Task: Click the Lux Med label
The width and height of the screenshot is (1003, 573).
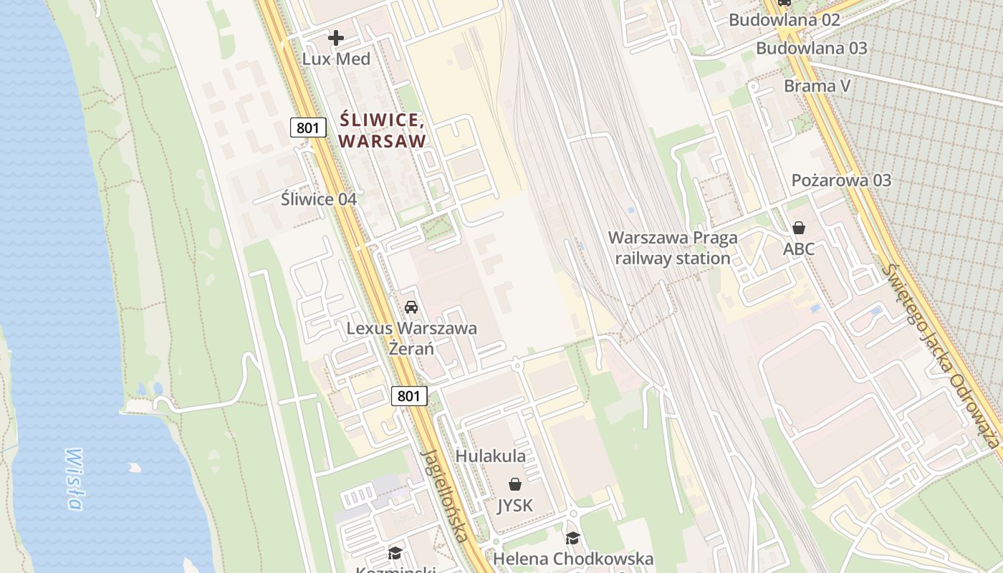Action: pyautogui.click(x=336, y=59)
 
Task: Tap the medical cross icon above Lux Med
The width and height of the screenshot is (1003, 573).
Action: pyautogui.click(x=336, y=37)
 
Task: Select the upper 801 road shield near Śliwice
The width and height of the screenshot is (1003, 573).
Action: pyautogui.click(x=308, y=128)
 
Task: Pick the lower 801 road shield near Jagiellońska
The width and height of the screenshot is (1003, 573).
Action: pyautogui.click(x=409, y=395)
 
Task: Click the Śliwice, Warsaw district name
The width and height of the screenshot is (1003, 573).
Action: pyautogui.click(x=382, y=130)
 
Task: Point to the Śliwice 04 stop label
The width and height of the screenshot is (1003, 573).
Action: pyautogui.click(x=318, y=199)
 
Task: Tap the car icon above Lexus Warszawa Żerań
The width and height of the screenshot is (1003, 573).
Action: pyautogui.click(x=411, y=307)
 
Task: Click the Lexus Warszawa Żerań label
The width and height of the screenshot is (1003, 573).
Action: pyautogui.click(x=411, y=339)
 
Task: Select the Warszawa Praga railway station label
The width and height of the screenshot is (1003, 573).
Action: pyautogui.click(x=673, y=248)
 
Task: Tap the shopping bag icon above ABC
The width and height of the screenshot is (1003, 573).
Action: pyautogui.click(x=798, y=228)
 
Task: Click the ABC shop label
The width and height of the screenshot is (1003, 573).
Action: pyautogui.click(x=798, y=249)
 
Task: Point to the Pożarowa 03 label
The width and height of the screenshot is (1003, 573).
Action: pyautogui.click(x=841, y=180)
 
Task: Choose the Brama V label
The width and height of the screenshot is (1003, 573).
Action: pyautogui.click(x=817, y=86)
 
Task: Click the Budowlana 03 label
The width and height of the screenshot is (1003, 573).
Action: pyautogui.click(x=811, y=48)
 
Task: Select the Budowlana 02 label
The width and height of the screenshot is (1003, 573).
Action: pyautogui.click(x=784, y=19)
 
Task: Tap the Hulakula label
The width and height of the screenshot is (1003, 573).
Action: pyautogui.click(x=491, y=456)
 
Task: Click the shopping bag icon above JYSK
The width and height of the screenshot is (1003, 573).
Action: pyautogui.click(x=514, y=484)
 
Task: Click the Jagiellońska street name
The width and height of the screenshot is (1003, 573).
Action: pyautogui.click(x=446, y=495)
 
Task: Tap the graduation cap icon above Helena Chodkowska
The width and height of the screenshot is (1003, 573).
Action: pyautogui.click(x=572, y=538)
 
